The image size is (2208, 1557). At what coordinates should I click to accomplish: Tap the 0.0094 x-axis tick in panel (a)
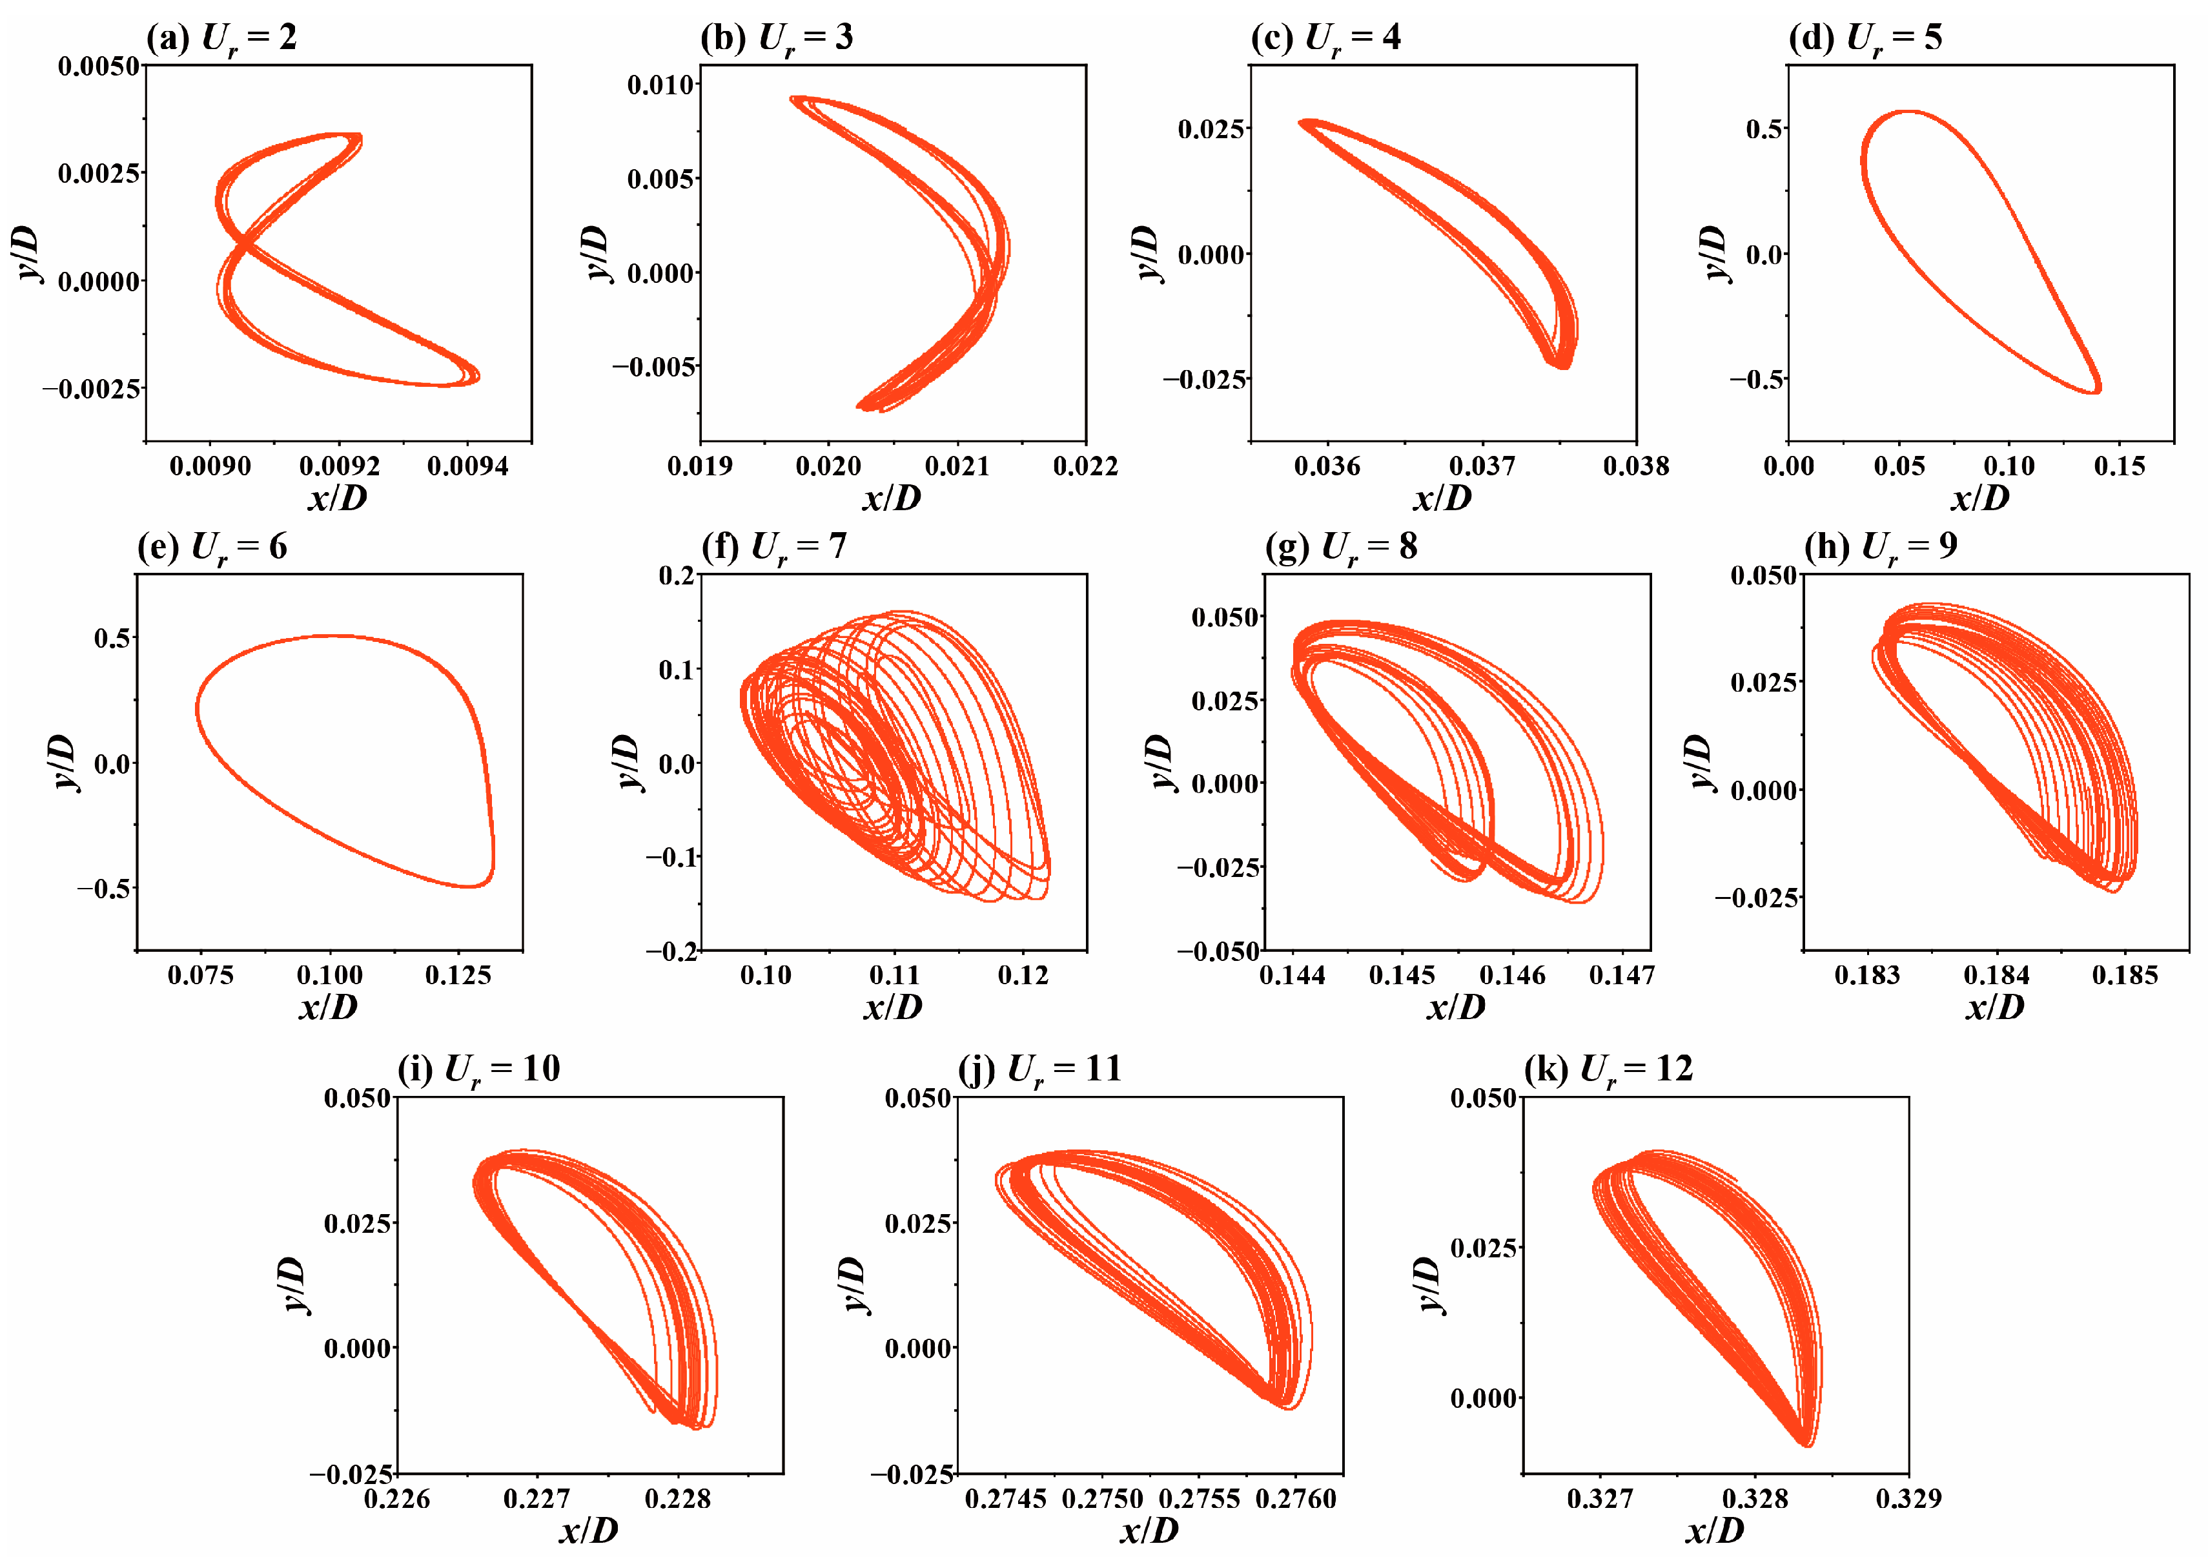pos(467,466)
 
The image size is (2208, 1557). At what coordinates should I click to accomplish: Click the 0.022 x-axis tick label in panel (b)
pos(1085,466)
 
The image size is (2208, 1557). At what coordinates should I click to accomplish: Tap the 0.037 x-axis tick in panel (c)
pos(1481,466)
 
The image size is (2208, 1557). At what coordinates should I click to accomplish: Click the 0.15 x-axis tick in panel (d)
pos(2118,466)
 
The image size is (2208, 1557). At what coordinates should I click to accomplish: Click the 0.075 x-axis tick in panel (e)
pos(200,975)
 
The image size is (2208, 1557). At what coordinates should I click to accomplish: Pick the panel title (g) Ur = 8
pos(1340,547)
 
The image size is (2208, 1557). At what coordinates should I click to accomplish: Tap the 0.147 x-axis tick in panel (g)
pos(1621,975)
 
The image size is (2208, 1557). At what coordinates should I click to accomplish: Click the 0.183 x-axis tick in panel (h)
pos(1866,975)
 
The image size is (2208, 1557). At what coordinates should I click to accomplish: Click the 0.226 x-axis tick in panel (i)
pos(397,1498)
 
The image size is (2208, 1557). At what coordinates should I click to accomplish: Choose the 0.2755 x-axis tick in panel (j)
pos(1199,1498)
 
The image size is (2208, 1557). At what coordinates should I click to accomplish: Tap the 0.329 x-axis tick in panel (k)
pos(1908,1498)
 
